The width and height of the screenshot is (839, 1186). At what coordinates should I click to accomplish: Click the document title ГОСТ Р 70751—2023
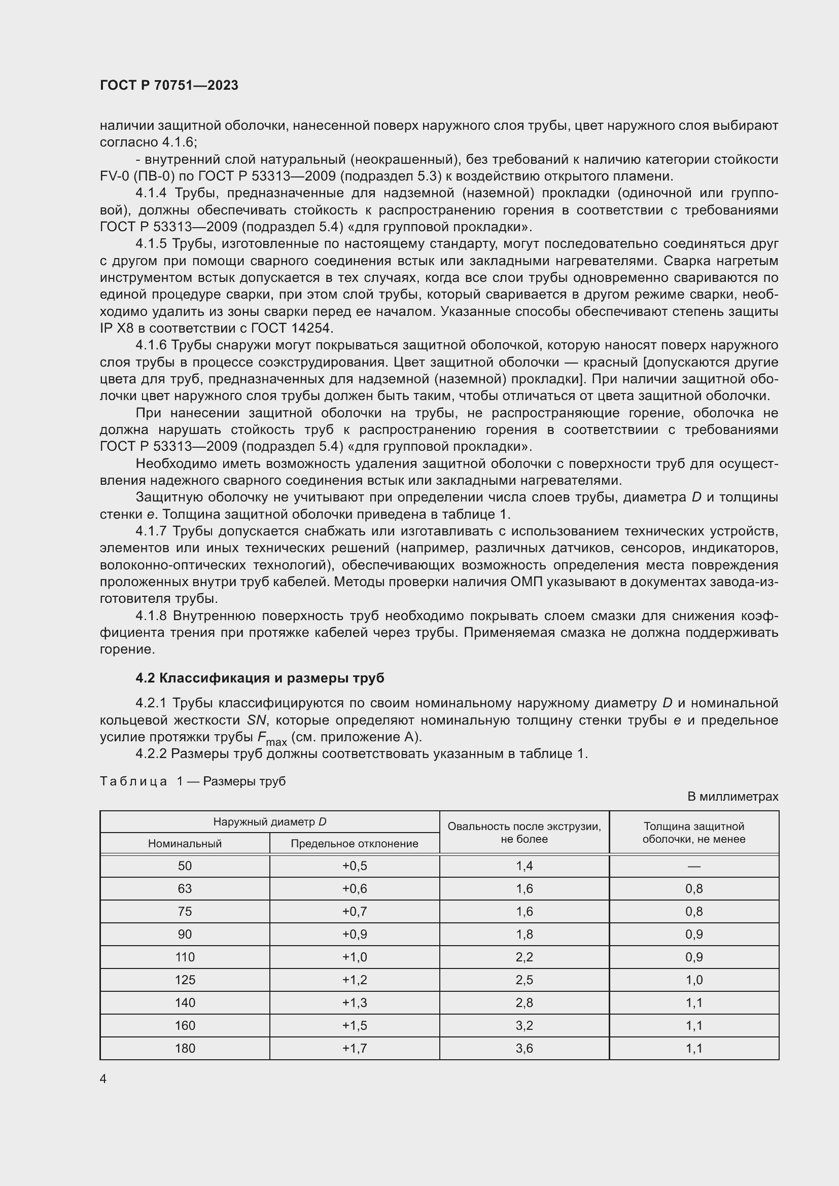pos(169,85)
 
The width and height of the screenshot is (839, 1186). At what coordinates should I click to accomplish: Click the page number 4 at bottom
pos(103,1079)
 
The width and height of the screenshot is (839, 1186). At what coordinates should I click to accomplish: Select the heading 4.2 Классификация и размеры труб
pos(260,678)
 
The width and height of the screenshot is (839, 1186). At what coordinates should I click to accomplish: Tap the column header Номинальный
pos(185,844)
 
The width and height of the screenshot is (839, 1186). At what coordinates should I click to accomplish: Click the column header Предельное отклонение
pos(355,844)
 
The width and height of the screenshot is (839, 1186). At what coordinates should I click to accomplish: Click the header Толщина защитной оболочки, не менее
pos(694,833)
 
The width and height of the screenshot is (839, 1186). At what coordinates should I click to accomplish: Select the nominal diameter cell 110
pos(185,957)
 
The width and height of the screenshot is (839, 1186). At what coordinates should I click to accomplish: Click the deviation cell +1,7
pos(355,1048)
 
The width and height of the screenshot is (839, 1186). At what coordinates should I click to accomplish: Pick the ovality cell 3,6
pos(524,1048)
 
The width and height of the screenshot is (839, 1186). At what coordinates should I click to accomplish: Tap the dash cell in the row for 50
pos(694,866)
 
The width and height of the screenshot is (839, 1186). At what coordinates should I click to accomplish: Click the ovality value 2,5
pos(524,980)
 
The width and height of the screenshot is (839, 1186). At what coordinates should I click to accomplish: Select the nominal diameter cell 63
pos(185,888)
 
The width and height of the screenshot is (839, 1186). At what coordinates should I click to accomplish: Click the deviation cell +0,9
pos(355,935)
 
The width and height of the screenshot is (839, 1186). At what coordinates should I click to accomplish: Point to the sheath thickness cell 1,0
pos(694,980)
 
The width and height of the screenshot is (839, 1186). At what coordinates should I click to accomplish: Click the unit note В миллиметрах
pos(732,797)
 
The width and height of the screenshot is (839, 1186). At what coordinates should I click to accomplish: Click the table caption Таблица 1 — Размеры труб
pos(193,781)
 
